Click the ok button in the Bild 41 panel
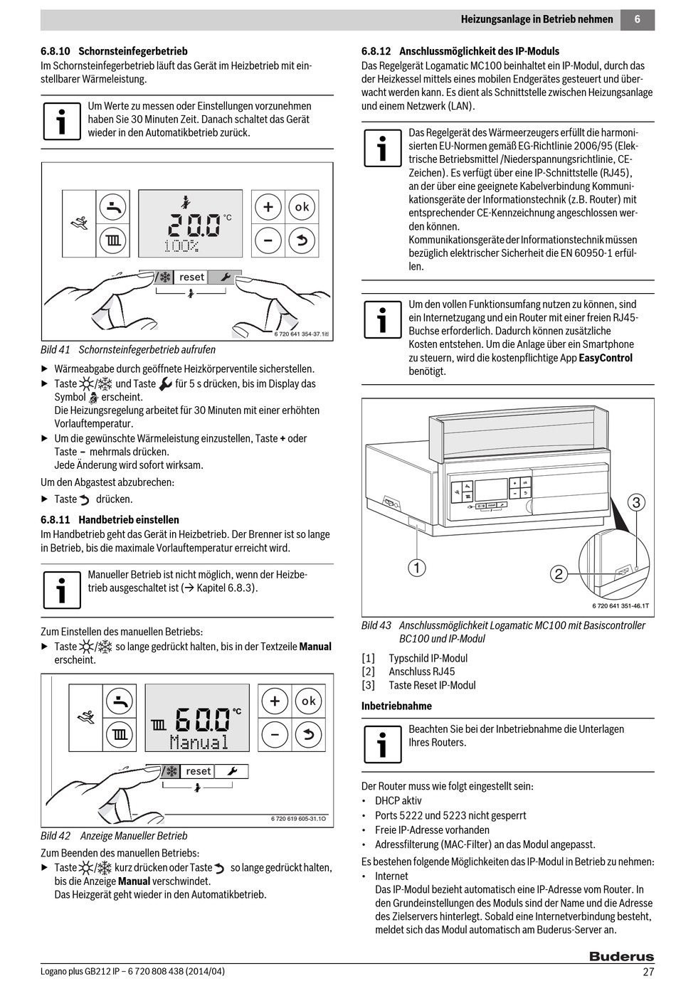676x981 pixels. coord(302,207)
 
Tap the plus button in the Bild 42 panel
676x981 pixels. coord(274,701)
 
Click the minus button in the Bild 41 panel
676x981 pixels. coord(268,240)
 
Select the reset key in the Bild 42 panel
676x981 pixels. coord(198,771)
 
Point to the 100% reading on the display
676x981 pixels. coord(181,246)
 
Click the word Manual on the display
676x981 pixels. coord(199,742)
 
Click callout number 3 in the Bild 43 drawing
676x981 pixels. coord(636,503)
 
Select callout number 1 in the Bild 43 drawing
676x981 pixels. coord(416,567)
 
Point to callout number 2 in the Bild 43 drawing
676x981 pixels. coord(559,574)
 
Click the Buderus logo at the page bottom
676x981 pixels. coord(620,957)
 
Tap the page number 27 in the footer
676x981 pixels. coord(648,972)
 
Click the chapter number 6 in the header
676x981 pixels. coord(637,19)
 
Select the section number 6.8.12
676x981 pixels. coord(376,51)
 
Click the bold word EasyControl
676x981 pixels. coord(606,358)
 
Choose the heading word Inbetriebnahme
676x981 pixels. coord(396,706)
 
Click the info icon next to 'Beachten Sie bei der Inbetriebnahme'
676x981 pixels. coord(382,744)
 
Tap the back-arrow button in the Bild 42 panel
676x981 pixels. coord(308,734)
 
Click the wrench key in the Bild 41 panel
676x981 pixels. coord(225,277)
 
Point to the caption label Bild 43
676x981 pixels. coord(376,625)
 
